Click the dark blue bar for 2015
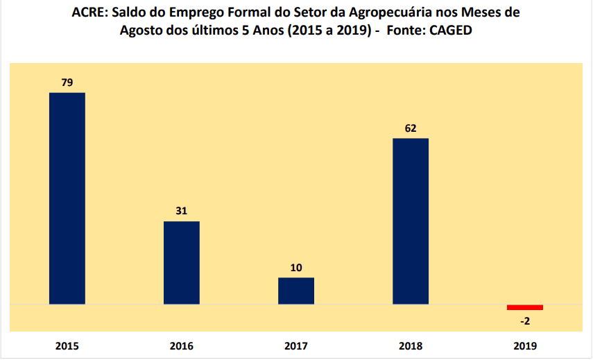[67, 198]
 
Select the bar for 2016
[182, 262]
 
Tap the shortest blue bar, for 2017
[296, 291]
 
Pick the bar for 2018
[411, 221]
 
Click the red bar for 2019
[525, 307]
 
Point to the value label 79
[67, 83]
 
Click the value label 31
[182, 211]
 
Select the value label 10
[296, 267]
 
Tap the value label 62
[411, 128]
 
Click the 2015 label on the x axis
[67, 345]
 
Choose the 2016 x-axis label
[182, 345]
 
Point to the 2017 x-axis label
[296, 345]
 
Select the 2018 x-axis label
[411, 345]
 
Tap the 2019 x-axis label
[525, 345]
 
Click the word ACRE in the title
[87, 13]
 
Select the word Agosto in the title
[141, 31]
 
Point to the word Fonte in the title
[404, 31]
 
